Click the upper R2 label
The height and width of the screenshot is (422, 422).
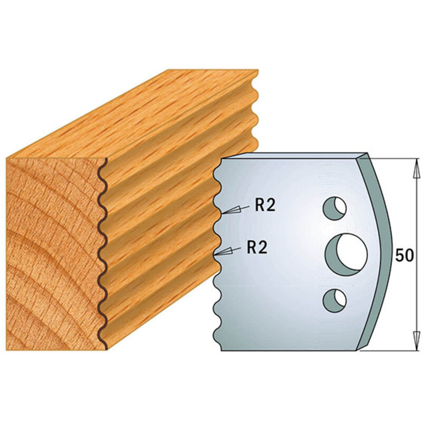tap(265, 206)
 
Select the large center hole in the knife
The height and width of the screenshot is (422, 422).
tap(346, 252)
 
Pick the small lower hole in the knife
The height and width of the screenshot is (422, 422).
tap(335, 299)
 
